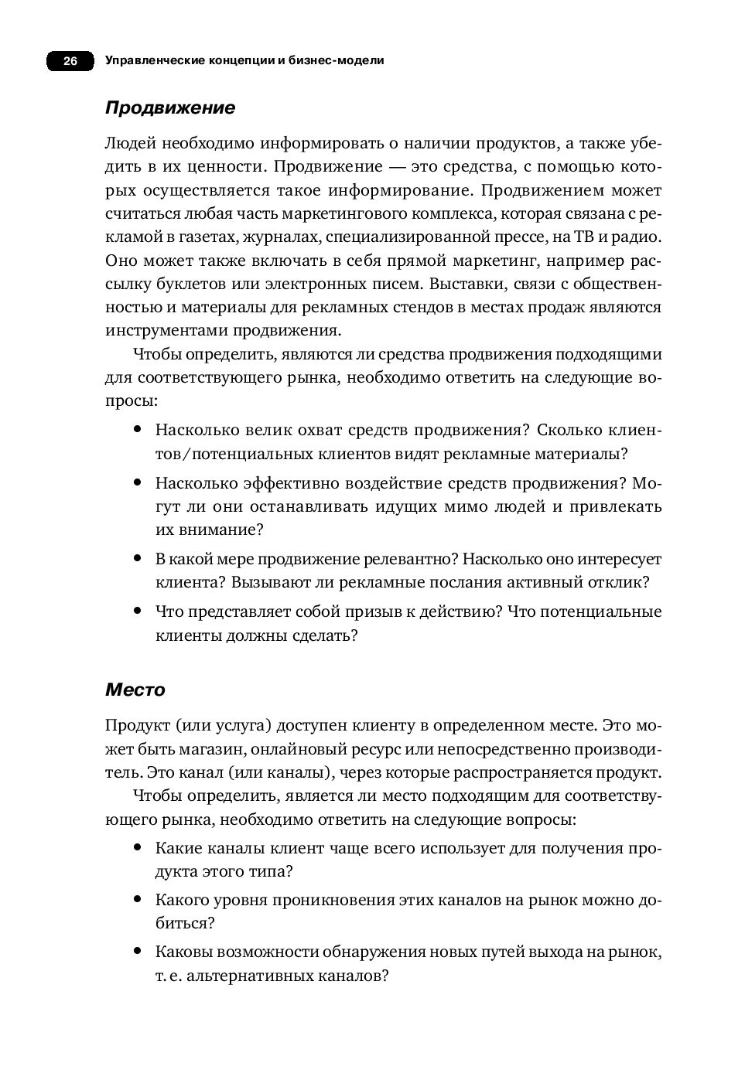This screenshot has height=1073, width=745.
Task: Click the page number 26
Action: coord(70,61)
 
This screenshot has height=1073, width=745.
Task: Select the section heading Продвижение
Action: coord(169,108)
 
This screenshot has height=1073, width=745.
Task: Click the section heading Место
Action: coord(135,689)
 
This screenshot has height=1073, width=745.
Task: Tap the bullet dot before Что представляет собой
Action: coord(137,611)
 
